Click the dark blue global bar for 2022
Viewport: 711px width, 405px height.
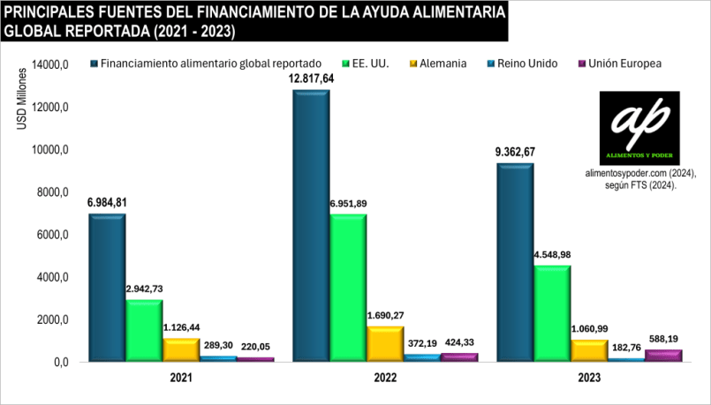(312, 225)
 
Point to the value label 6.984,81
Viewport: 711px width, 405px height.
(107, 203)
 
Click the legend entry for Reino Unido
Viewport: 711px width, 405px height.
(522, 64)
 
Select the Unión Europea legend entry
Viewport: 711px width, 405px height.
(617, 64)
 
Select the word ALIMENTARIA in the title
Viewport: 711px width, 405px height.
(450, 13)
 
